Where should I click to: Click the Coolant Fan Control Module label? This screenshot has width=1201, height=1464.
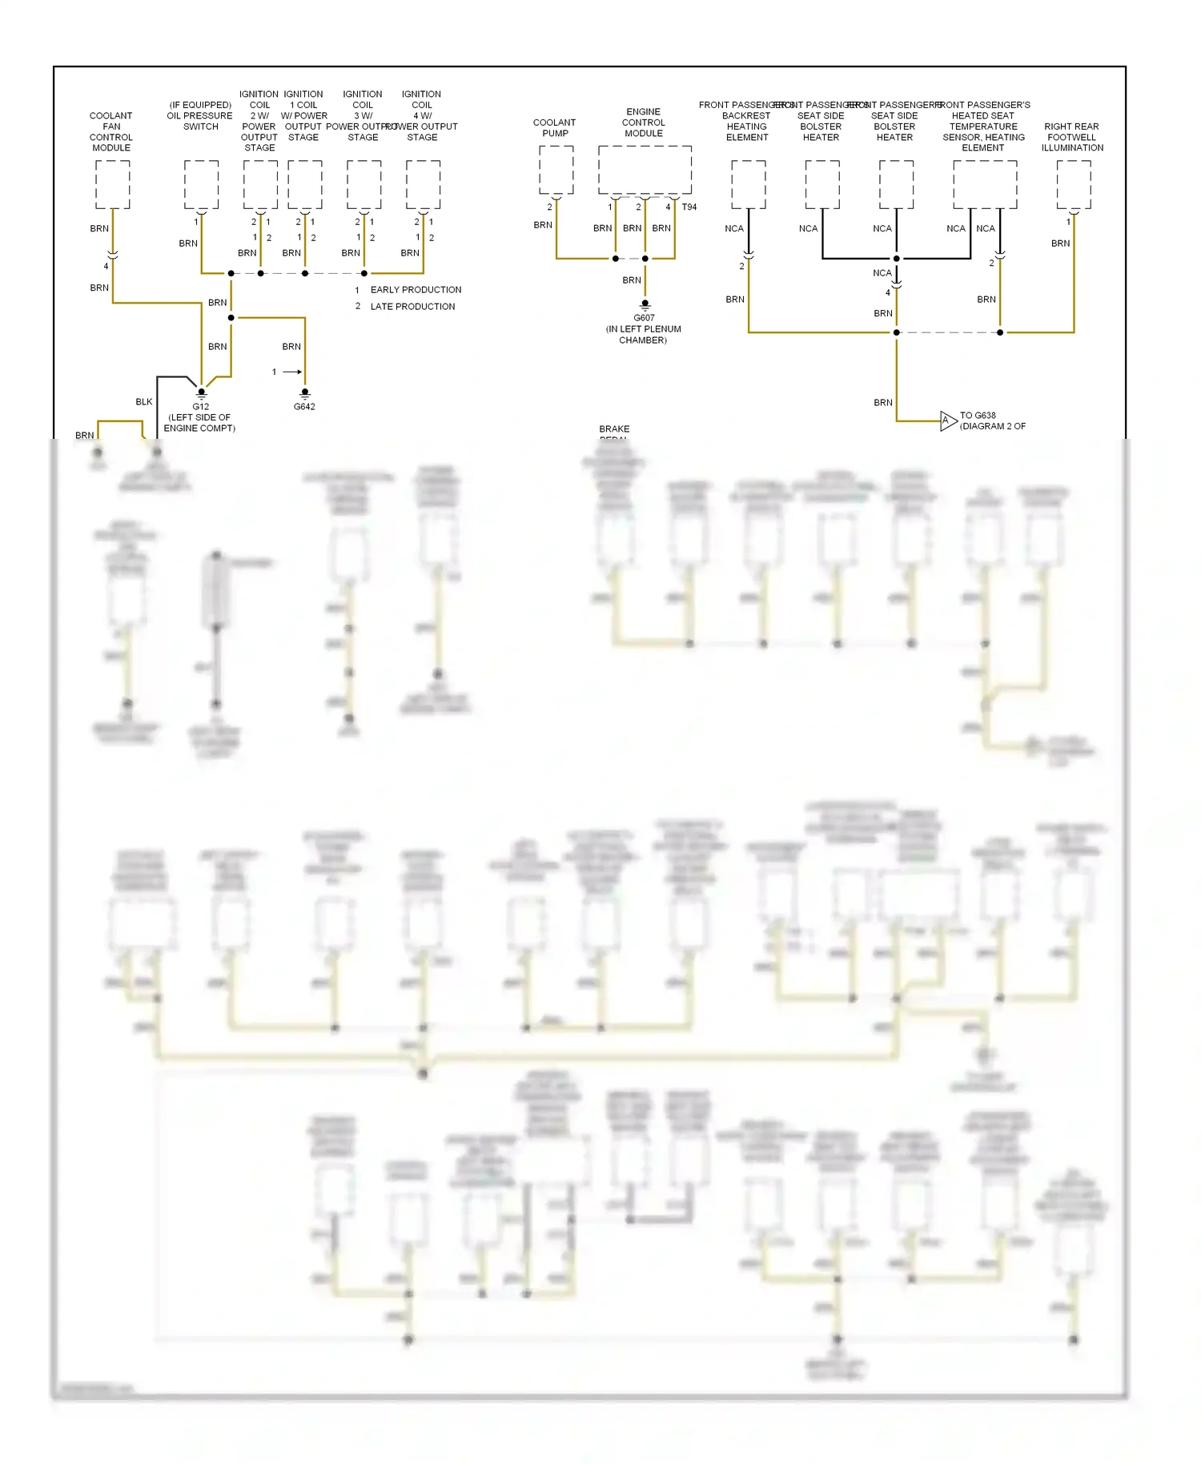click(x=111, y=131)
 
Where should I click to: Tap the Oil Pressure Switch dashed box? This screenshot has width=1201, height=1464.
click(x=201, y=184)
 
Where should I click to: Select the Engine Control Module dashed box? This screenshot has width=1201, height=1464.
click(x=645, y=170)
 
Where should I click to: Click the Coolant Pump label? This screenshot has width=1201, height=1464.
click(x=554, y=128)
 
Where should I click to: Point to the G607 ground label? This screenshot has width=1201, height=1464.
click(x=644, y=318)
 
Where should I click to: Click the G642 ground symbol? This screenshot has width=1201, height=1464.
click(x=304, y=393)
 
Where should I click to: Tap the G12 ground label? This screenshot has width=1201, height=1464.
click(x=200, y=407)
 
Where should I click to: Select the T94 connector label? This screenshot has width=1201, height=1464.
click(x=689, y=207)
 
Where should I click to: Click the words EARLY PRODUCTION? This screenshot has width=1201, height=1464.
click(x=416, y=290)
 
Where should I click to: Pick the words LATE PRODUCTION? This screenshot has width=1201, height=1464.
click(x=412, y=307)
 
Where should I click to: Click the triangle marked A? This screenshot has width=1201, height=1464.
click(x=947, y=420)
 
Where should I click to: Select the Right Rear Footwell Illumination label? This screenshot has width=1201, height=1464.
click(x=1072, y=137)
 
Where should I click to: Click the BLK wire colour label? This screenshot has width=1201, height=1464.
click(x=144, y=402)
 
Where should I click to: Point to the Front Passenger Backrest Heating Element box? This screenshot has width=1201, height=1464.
click(x=749, y=184)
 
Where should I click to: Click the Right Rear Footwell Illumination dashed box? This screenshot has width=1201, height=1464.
click(x=1074, y=184)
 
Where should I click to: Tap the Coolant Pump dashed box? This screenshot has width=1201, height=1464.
click(x=556, y=170)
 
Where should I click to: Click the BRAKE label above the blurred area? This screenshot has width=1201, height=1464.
click(x=614, y=429)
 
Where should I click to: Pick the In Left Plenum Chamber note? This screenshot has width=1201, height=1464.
click(x=643, y=335)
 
